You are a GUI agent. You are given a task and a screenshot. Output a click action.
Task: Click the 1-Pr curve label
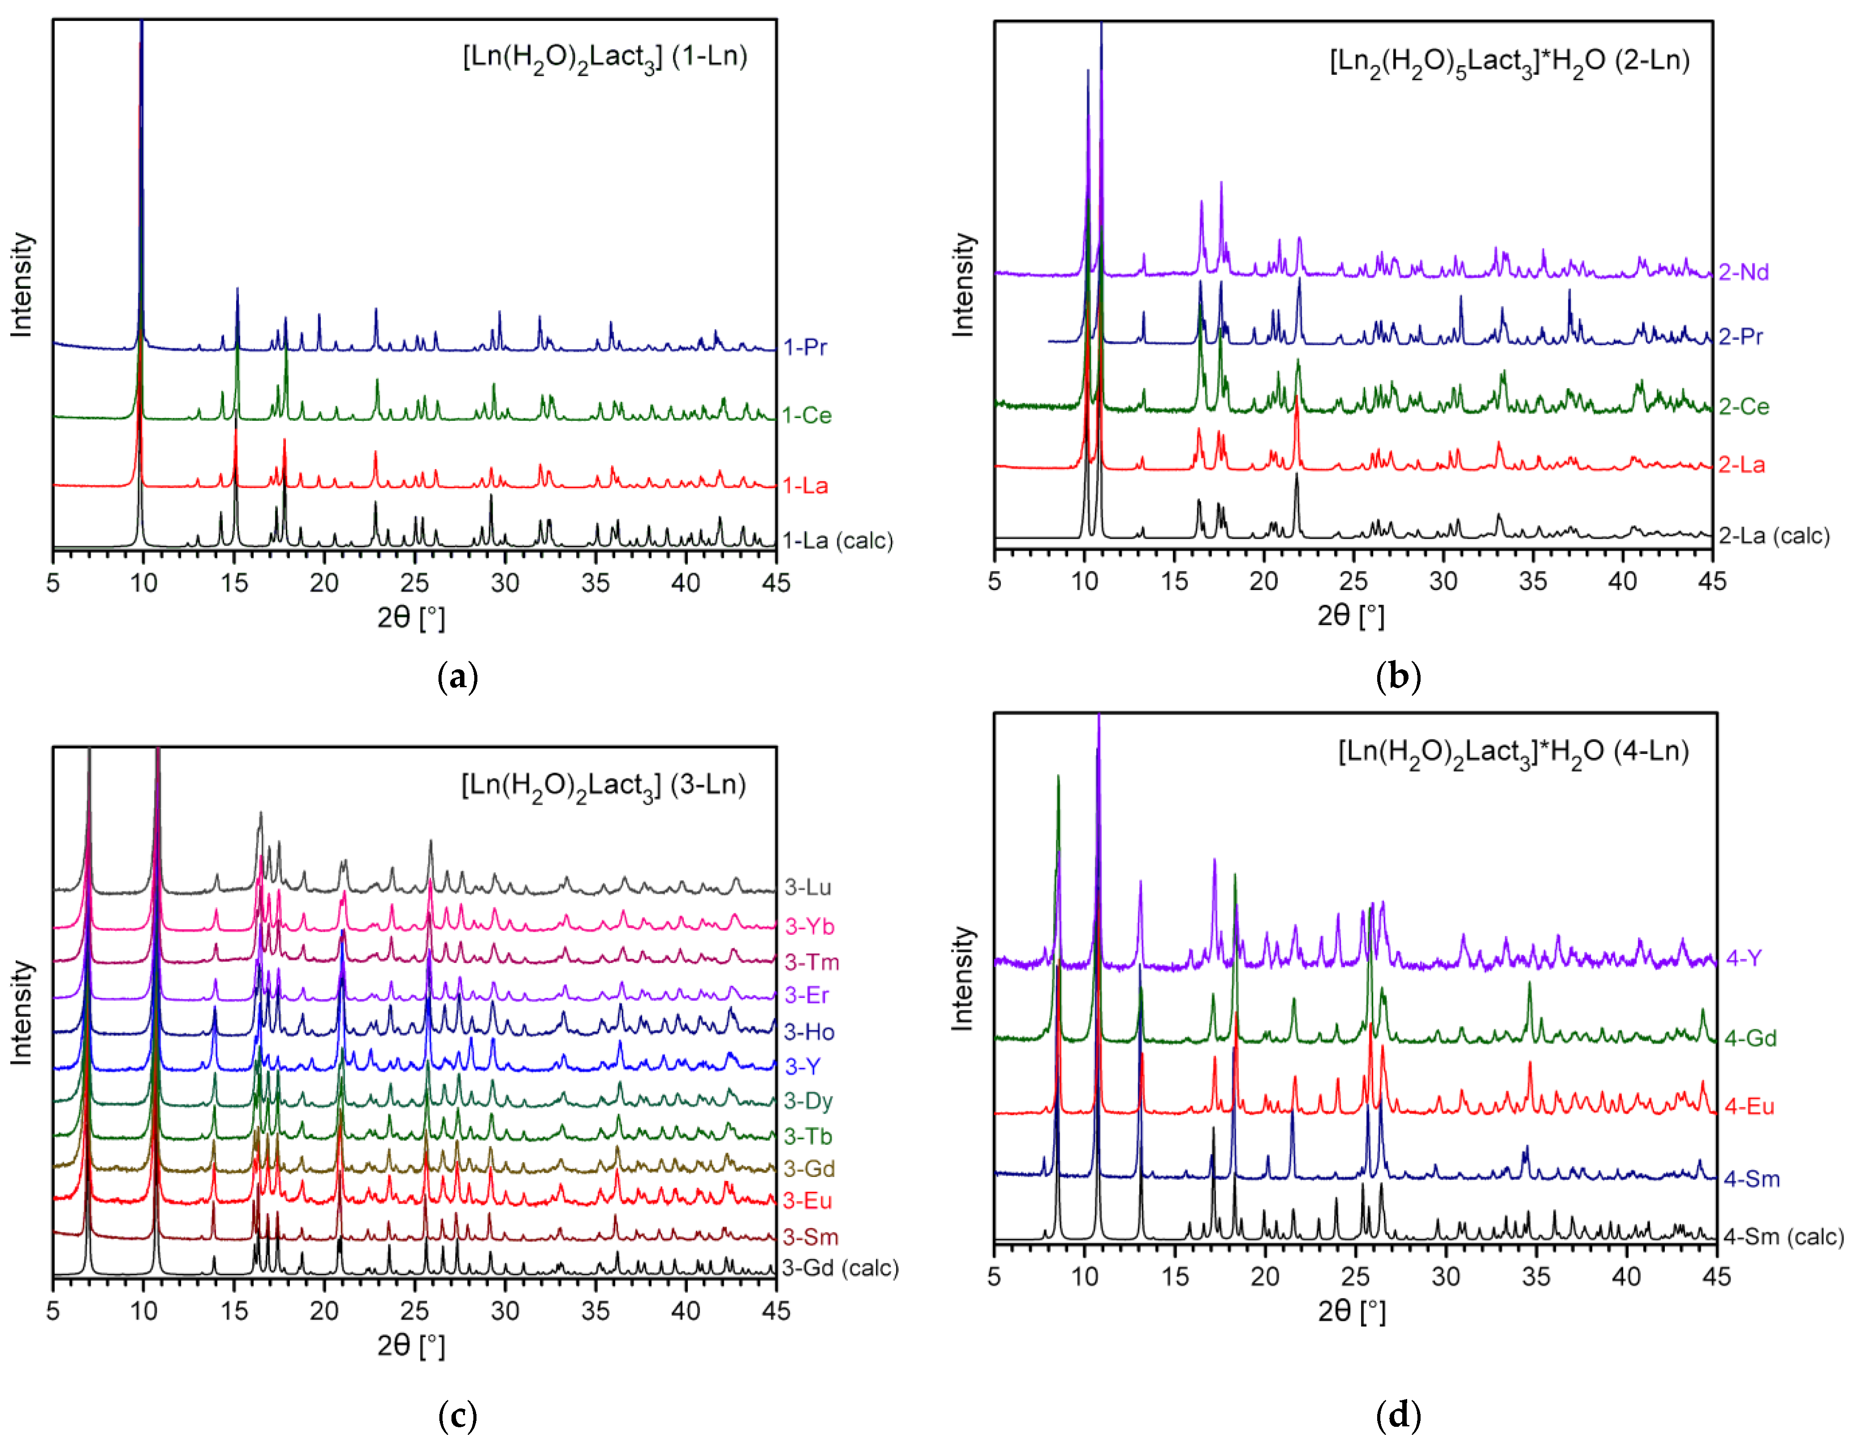[x=804, y=347]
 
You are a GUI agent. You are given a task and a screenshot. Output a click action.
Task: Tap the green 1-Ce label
[x=806, y=415]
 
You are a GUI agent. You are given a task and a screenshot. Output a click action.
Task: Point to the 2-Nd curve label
[x=1743, y=272]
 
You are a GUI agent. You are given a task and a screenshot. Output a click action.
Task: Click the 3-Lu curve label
[x=807, y=888]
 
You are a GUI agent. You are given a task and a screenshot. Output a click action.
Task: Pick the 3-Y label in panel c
[x=802, y=1066]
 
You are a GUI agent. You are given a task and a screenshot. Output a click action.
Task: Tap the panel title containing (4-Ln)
[x=1513, y=752]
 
